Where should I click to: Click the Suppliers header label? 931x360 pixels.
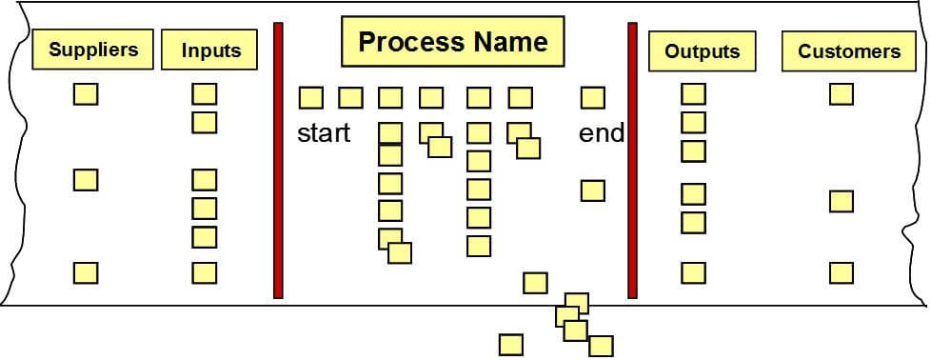pos(93,50)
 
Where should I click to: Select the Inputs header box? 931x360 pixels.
pos(210,50)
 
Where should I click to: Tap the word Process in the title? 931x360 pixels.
pos(410,43)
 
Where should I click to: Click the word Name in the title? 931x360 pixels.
pos(511,43)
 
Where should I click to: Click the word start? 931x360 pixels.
pos(324,133)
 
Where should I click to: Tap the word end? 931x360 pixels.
pos(602,133)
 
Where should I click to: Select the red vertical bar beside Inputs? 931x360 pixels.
pos(279,160)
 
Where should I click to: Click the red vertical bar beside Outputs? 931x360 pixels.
pos(632,160)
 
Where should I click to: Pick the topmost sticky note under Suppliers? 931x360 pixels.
pos(86,94)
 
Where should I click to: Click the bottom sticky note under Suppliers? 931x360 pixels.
pos(86,273)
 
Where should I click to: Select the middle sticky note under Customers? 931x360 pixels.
pos(841,201)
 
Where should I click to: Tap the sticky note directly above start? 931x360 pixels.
pos(311,97)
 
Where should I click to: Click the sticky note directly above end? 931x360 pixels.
pos(593,97)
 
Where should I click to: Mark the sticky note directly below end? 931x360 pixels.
pos(593,190)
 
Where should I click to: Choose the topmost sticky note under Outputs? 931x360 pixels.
pos(694,94)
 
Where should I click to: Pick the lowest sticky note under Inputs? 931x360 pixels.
pos(205,273)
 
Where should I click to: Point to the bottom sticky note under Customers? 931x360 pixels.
pos(841,273)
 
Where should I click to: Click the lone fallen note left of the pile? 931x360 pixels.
pos(511,345)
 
